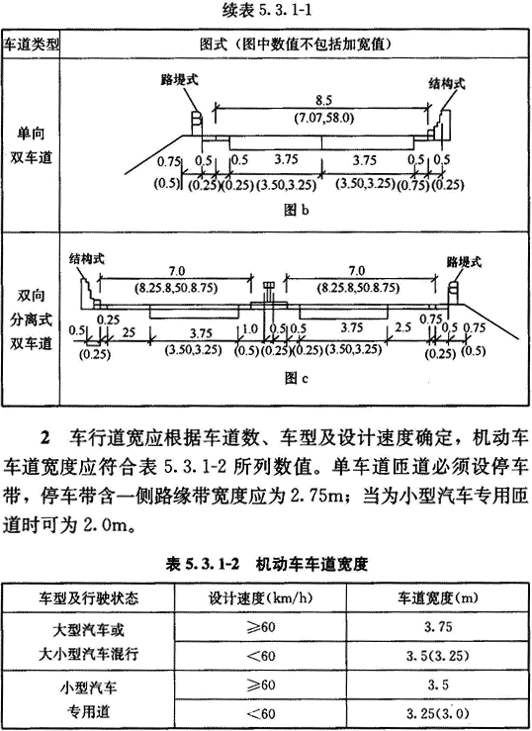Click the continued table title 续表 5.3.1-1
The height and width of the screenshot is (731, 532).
pyautogui.click(x=266, y=11)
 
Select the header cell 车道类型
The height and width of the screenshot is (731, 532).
pyautogui.click(x=32, y=45)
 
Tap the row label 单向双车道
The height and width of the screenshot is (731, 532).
pyautogui.click(x=32, y=145)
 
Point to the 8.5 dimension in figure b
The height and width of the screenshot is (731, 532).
pyautogui.click(x=322, y=101)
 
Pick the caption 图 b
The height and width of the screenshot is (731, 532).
pyautogui.click(x=297, y=210)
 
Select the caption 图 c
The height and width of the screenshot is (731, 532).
pyautogui.click(x=297, y=378)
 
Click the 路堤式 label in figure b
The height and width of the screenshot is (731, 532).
pyautogui.click(x=179, y=80)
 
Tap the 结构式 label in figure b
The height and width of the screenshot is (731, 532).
pyautogui.click(x=447, y=84)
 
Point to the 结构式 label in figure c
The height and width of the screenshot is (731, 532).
pyautogui.click(x=87, y=259)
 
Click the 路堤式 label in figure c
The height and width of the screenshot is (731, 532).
pyautogui.click(x=464, y=262)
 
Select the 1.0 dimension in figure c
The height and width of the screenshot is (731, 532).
pyautogui.click(x=250, y=328)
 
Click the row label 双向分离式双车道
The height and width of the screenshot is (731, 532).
pyautogui.click(x=32, y=320)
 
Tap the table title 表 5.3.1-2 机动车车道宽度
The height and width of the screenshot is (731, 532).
pyautogui.click(x=266, y=565)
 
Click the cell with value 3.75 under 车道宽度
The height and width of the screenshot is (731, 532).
pyautogui.click(x=438, y=627)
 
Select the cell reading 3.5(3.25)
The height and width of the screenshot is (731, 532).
pyautogui.click(x=437, y=657)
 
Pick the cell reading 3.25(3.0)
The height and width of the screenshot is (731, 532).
pyautogui.click(x=437, y=713)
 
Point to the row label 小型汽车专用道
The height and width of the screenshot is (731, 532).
pyautogui.click(x=88, y=699)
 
